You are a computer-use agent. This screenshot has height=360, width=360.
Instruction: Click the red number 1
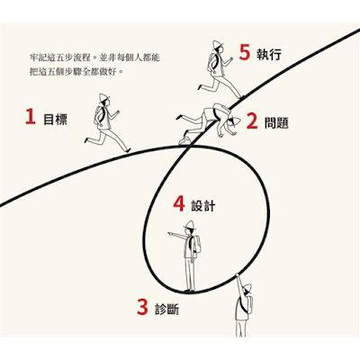click(x=31, y=117)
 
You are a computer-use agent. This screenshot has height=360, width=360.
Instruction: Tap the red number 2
click(x=252, y=121)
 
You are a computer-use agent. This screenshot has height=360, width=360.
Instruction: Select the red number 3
click(x=142, y=307)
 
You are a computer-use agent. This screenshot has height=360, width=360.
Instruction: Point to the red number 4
click(x=179, y=203)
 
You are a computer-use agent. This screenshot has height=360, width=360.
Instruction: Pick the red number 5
click(x=245, y=52)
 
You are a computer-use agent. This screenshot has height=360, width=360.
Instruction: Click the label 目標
click(x=56, y=119)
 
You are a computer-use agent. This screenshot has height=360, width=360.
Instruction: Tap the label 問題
click(x=276, y=122)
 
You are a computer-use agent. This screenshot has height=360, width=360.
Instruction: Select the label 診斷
click(x=166, y=309)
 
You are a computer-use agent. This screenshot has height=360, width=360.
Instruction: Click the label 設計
click(x=203, y=205)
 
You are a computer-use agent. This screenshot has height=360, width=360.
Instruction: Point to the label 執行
click(x=269, y=54)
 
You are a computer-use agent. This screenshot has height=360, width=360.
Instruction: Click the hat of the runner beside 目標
click(x=103, y=97)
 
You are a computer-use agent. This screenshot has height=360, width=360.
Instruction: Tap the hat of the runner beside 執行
click(x=218, y=44)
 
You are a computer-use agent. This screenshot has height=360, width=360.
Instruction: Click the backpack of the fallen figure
click(x=221, y=110)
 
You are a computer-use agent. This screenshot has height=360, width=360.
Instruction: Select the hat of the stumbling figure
click(x=235, y=121)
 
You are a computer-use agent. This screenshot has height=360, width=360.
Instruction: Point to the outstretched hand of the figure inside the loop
click(x=170, y=233)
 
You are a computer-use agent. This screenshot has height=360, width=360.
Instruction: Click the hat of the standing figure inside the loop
click(x=189, y=225)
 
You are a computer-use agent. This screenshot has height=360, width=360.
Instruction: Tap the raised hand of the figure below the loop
click(x=238, y=275)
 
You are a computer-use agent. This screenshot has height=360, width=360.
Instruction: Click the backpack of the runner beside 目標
click(x=98, y=115)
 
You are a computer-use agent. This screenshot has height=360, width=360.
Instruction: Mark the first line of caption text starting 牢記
click(x=94, y=58)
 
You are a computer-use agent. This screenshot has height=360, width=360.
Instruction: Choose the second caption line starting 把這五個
click(x=76, y=72)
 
